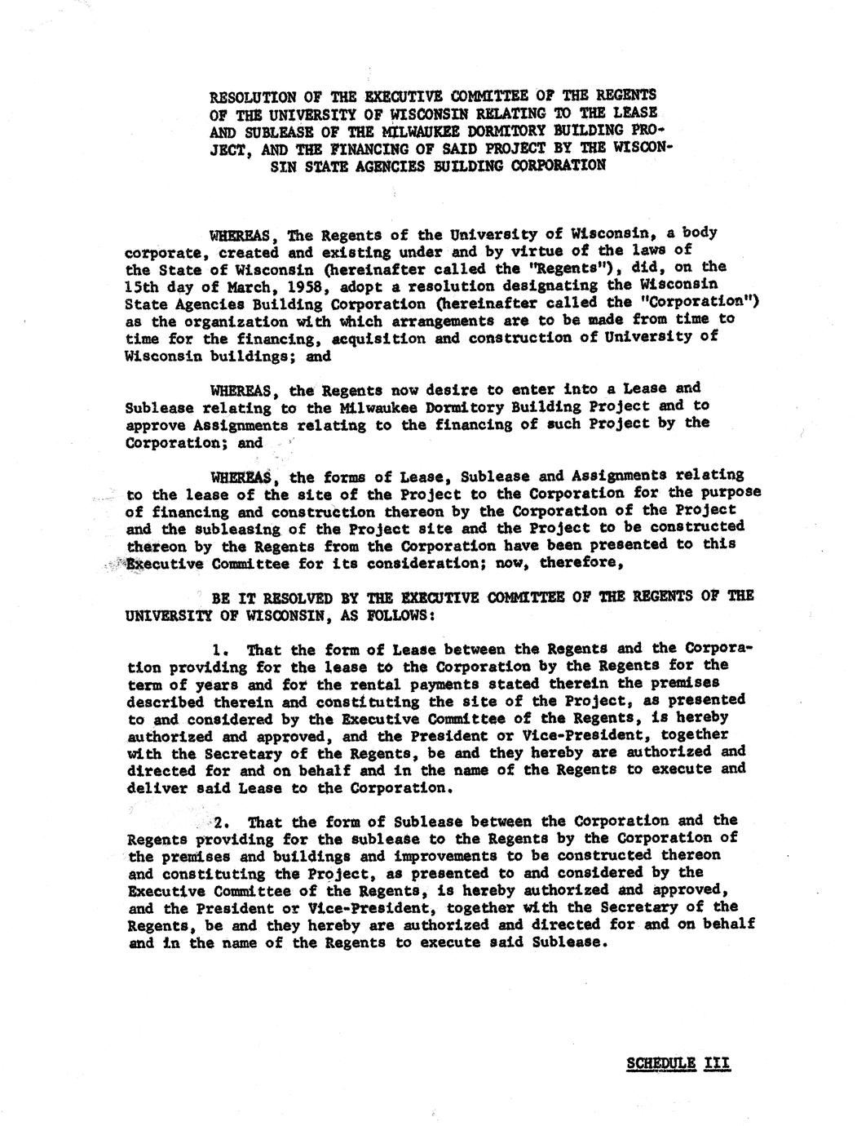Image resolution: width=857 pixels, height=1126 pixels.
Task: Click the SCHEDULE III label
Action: (677, 1064)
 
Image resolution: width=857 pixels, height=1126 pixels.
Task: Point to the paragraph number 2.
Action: (220, 822)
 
